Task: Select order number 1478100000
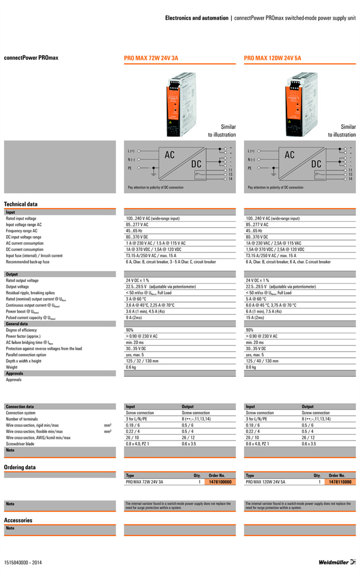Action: (x=220, y=482)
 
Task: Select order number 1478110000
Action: (x=340, y=482)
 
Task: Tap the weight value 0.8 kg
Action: (x=251, y=367)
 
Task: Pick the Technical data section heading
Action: (x=21, y=204)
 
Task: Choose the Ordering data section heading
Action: (x=20, y=467)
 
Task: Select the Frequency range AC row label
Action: (x=22, y=231)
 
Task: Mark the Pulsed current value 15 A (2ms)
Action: (x=255, y=318)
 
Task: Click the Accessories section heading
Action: (x=18, y=520)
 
